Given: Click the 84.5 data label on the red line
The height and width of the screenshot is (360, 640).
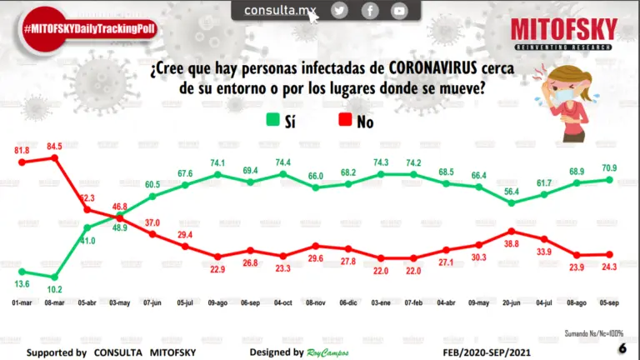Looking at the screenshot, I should coord(55,145).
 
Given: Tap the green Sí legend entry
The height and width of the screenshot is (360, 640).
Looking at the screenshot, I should coord(280,122).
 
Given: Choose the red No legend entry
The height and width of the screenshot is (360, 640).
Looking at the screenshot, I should coord(357,122).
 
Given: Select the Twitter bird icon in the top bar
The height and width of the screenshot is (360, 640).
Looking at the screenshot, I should coord(338,11).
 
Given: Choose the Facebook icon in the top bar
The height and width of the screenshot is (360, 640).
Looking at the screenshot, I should coord(369,11).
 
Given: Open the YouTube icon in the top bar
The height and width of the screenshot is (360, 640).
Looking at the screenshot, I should coord(399,11).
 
